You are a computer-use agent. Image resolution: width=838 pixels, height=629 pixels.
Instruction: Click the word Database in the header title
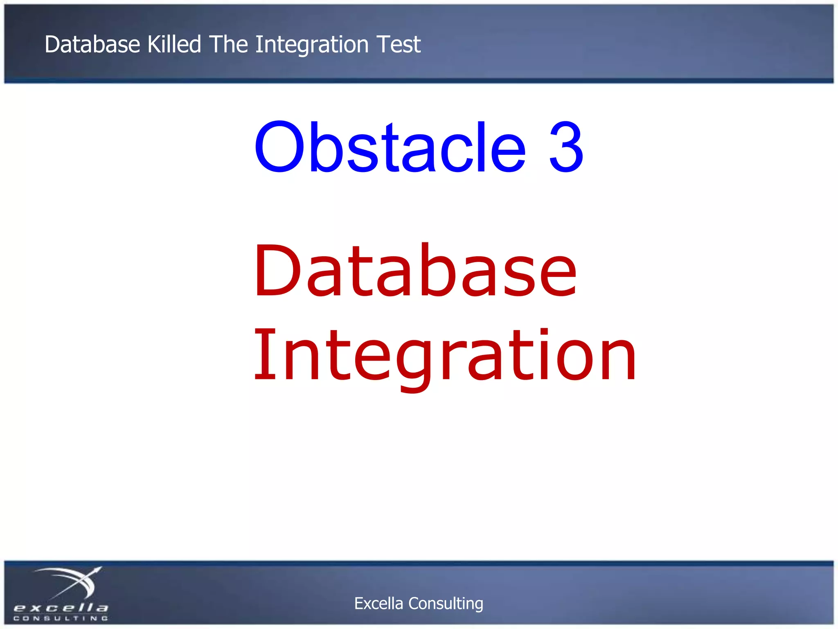point(92,44)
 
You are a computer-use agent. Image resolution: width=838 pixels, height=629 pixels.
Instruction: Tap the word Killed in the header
point(174,44)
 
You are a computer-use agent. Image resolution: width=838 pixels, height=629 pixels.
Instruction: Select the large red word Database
point(415,270)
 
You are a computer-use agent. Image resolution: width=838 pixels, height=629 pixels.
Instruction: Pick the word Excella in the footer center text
point(378,604)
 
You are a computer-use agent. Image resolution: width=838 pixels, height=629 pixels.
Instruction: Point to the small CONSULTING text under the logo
point(61,618)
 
